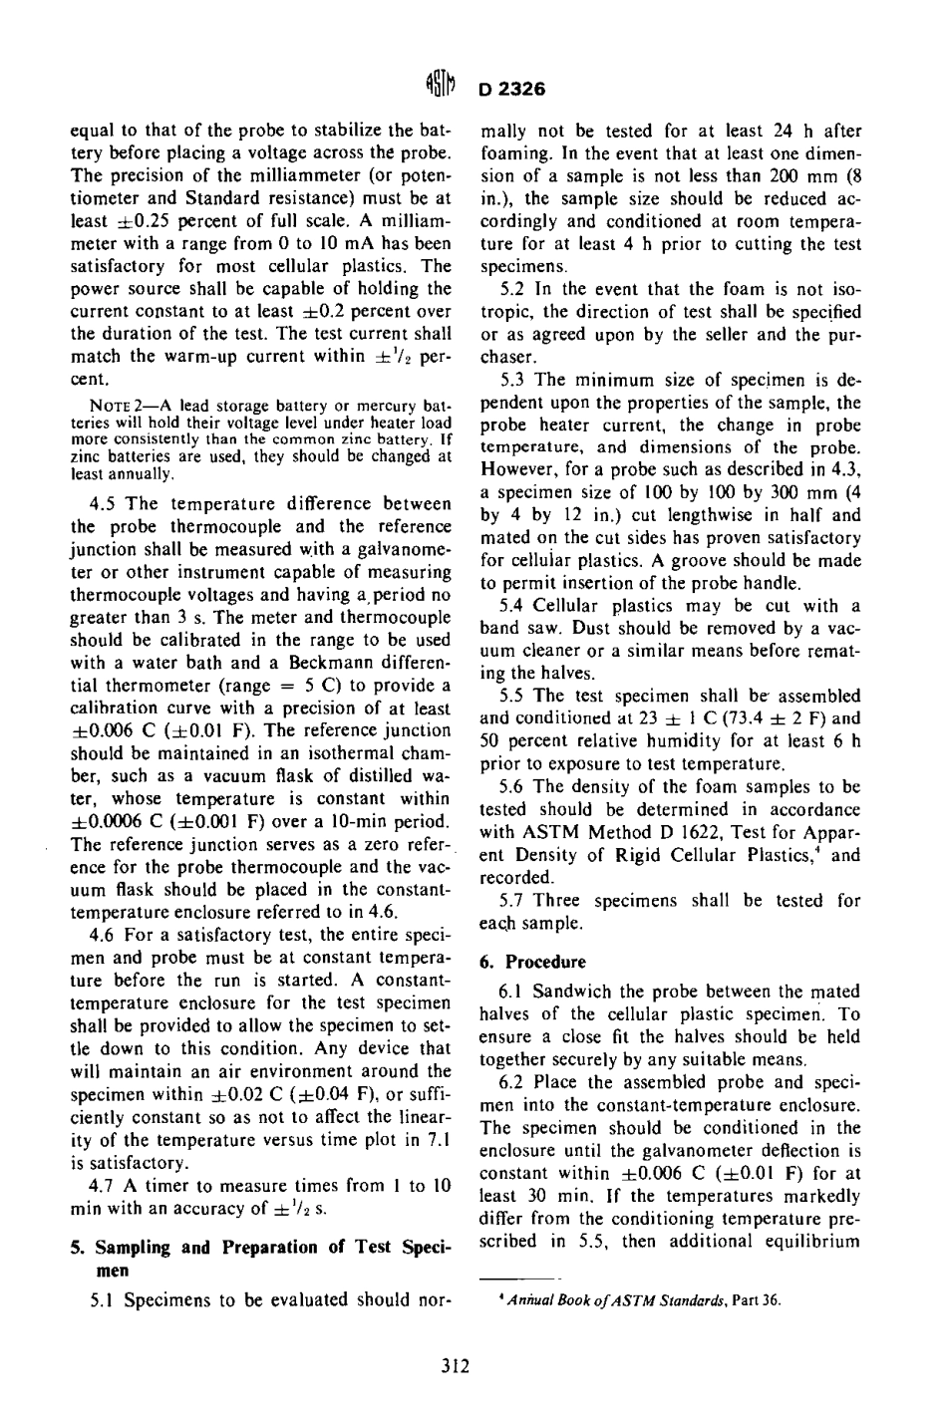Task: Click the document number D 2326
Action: click(511, 89)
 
